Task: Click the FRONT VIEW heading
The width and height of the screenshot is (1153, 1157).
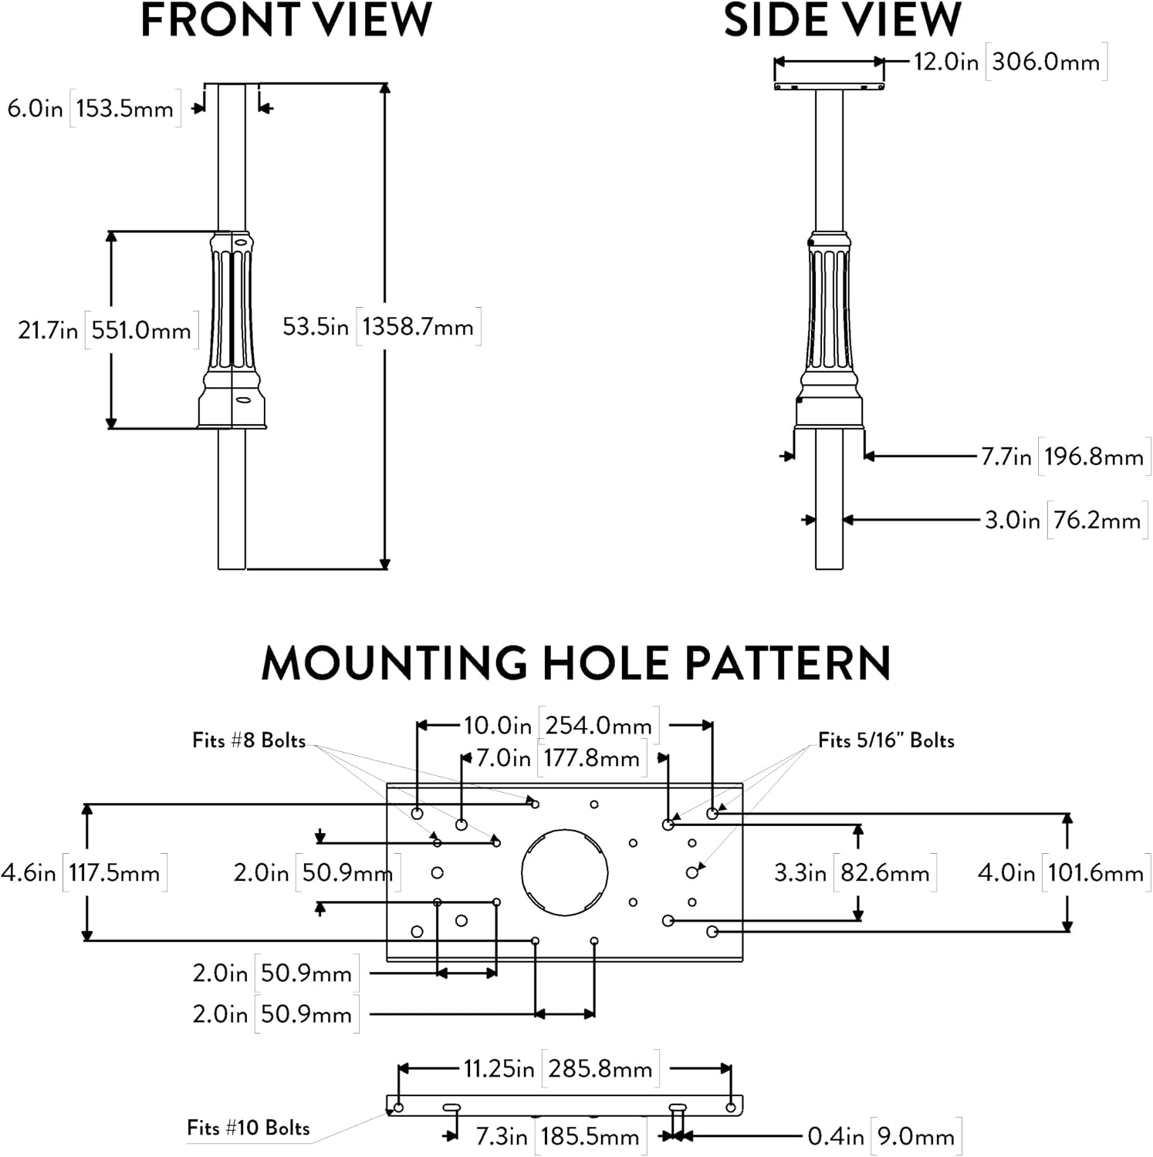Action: point(286,20)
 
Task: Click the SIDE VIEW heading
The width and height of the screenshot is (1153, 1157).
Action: point(843,20)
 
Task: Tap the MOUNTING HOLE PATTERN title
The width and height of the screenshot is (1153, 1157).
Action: point(576,663)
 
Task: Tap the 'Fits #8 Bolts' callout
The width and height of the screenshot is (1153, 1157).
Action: point(249,740)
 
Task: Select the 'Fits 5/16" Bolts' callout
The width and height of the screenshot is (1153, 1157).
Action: point(886,740)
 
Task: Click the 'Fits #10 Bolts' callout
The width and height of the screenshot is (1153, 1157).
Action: point(249,1128)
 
